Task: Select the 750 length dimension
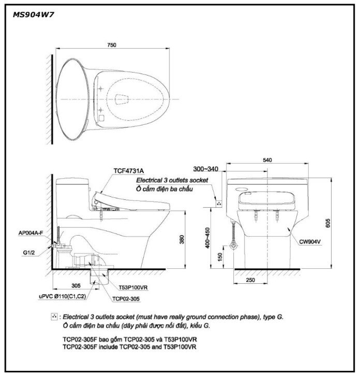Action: pos(111,46)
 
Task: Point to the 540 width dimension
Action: pos(267,161)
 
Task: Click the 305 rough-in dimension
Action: pos(76,285)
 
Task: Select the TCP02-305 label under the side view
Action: pos(125,298)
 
